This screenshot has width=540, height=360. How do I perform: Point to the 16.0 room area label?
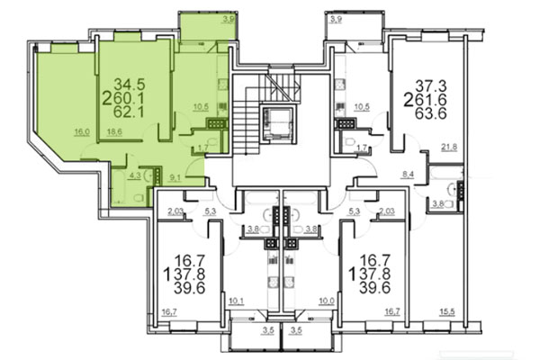82,132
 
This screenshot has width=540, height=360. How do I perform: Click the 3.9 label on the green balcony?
229,18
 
